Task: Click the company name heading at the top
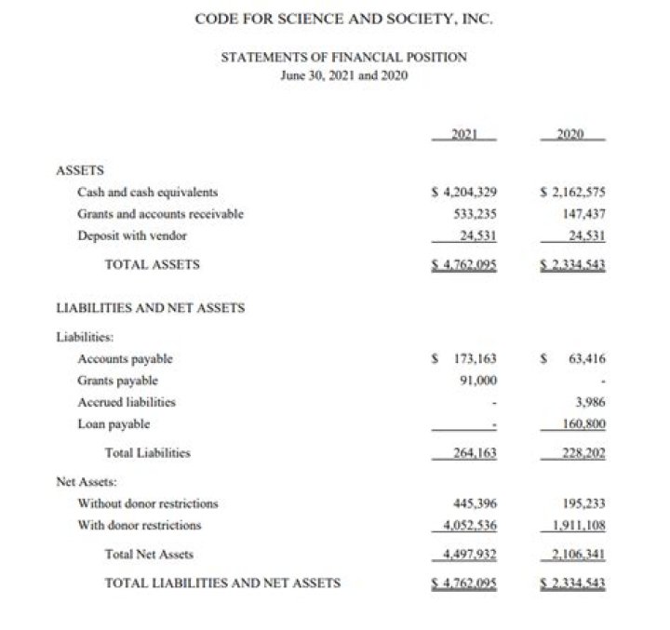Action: (x=343, y=19)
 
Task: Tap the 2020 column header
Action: (x=573, y=134)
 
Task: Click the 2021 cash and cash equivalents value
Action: (x=464, y=193)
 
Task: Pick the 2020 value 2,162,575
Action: (x=573, y=193)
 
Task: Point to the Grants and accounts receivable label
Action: (x=160, y=214)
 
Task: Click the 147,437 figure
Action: (x=583, y=214)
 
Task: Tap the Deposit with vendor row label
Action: (x=132, y=235)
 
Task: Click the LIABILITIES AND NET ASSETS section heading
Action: (x=151, y=307)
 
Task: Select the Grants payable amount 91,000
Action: (x=477, y=380)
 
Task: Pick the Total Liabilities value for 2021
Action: (x=473, y=453)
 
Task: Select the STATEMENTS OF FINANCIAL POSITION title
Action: (x=343, y=58)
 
